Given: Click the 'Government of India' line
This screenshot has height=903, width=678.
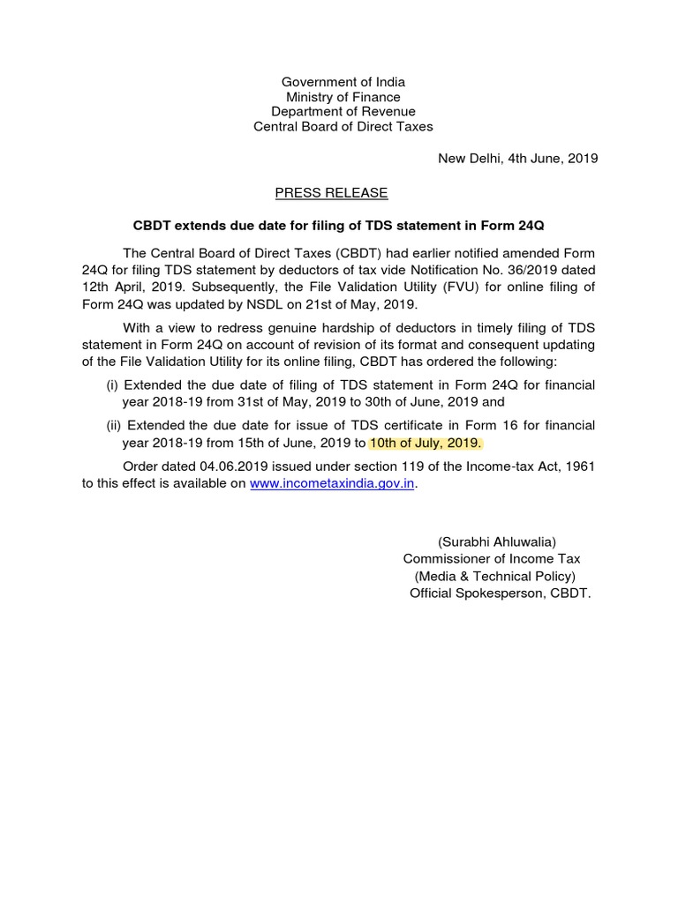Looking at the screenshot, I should pyautogui.click(x=343, y=82).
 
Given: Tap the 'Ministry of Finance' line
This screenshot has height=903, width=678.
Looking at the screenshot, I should pyautogui.click(x=343, y=97).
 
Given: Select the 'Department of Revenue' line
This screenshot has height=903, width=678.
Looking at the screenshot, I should pyautogui.click(x=343, y=112).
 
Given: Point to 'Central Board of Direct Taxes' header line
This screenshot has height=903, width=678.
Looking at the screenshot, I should pyautogui.click(x=343, y=127).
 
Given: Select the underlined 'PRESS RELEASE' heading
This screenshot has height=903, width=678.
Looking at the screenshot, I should pyautogui.click(x=331, y=193).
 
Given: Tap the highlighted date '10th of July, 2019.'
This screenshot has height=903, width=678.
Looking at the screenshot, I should pyautogui.click(x=426, y=443).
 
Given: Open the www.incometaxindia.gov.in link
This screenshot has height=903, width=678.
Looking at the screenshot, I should pyautogui.click(x=332, y=484).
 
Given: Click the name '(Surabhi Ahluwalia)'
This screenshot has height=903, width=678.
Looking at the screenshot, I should pyautogui.click(x=497, y=541).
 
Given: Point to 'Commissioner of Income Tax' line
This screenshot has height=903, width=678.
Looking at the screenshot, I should pyautogui.click(x=492, y=559).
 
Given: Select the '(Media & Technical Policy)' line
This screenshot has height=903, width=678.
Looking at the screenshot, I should pyautogui.click(x=495, y=576).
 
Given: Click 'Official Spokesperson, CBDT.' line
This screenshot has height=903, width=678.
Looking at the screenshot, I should pyautogui.click(x=501, y=593).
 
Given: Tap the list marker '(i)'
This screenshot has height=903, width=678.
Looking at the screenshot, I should pyautogui.click(x=112, y=385).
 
